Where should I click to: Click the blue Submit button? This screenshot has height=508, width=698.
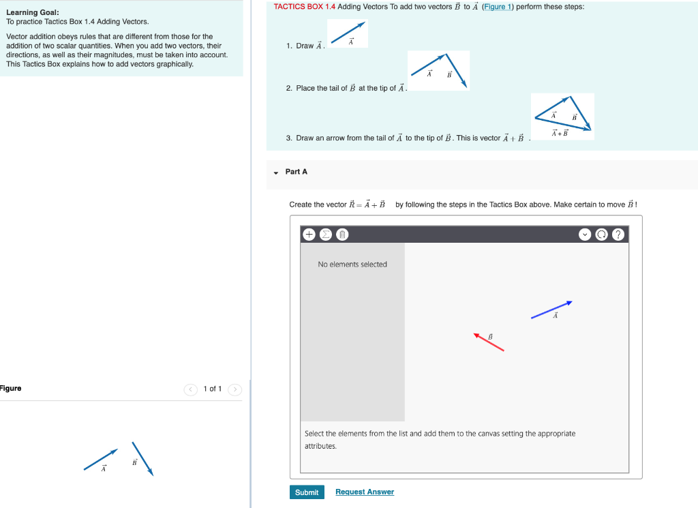click(x=306, y=492)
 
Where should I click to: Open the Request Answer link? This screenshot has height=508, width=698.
click(x=365, y=492)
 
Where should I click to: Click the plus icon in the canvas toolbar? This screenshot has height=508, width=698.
click(x=309, y=235)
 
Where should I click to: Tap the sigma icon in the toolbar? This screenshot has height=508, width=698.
click(x=326, y=235)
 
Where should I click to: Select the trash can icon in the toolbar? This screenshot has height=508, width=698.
click(x=342, y=235)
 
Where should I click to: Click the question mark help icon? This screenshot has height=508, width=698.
click(x=618, y=235)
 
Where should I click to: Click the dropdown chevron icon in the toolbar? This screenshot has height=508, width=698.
click(x=585, y=235)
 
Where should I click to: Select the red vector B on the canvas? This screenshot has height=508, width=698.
click(x=489, y=342)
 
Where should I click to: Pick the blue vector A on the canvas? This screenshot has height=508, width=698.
click(x=551, y=310)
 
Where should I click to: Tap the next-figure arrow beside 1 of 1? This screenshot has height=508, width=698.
click(x=234, y=389)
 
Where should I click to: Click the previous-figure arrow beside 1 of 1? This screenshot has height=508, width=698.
click(x=191, y=389)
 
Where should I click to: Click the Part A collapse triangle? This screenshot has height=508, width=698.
click(x=276, y=173)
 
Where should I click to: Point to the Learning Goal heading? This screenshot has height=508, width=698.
click(x=28, y=12)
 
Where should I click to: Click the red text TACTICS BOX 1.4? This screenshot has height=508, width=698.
click(x=304, y=7)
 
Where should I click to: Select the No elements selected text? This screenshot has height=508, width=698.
click(x=352, y=265)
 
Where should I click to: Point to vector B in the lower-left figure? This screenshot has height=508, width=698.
click(x=142, y=458)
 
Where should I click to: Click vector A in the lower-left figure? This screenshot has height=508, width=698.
click(x=101, y=459)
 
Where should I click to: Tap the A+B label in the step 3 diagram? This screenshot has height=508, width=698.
click(x=560, y=133)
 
